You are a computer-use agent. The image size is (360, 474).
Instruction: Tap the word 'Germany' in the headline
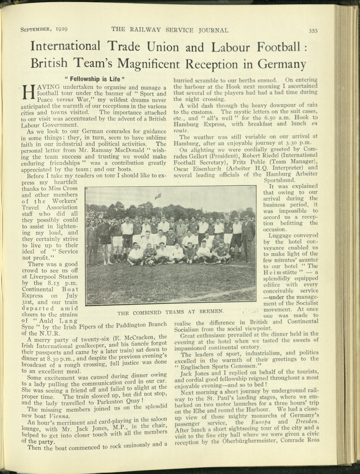click(x=282, y=64)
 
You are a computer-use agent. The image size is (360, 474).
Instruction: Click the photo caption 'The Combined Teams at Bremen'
click(x=170, y=312)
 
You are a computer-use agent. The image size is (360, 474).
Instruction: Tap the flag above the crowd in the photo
click(x=158, y=195)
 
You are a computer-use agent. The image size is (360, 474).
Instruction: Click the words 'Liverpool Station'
click(x=50, y=277)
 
